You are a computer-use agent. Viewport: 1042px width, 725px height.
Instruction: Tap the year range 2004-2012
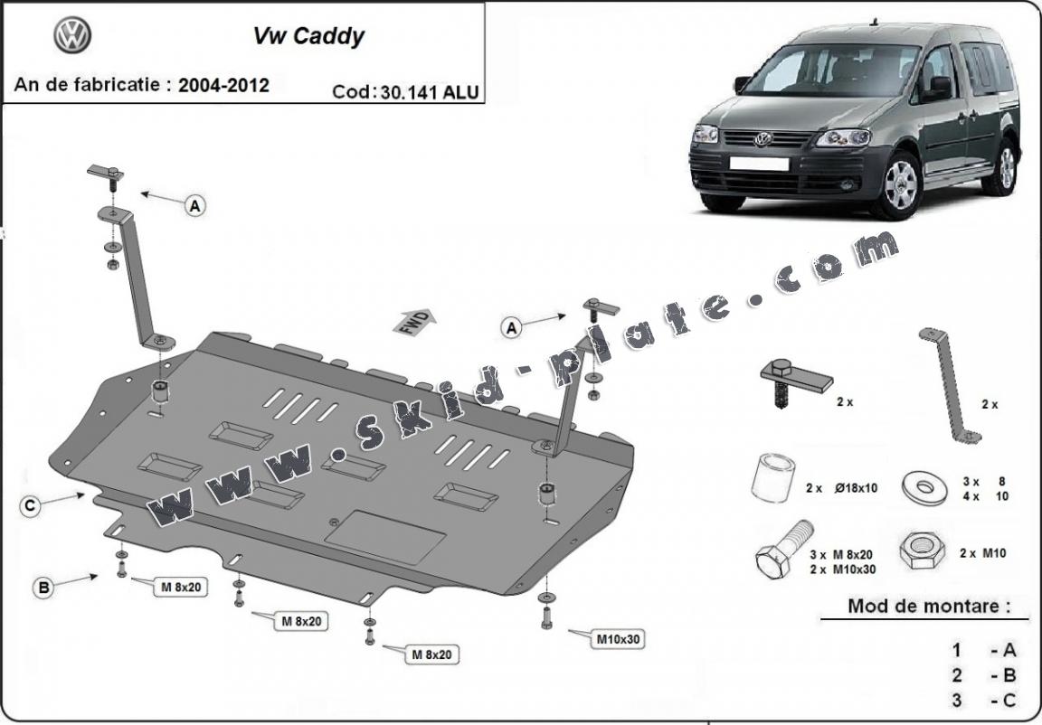click(x=223, y=86)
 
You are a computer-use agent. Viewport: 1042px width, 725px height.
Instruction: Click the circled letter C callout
click(x=31, y=507)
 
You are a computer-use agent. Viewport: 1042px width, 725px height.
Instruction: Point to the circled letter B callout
click(x=43, y=588)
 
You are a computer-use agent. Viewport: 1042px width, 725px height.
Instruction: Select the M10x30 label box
click(x=618, y=640)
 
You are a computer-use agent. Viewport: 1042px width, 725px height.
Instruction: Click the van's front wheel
click(x=901, y=186)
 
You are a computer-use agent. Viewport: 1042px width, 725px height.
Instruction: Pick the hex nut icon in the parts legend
click(x=920, y=551)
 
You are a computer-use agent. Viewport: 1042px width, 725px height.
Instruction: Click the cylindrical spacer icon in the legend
click(x=772, y=478)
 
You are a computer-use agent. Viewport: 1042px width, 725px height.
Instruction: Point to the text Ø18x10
click(x=856, y=488)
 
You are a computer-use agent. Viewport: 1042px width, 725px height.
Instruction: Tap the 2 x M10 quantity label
click(x=981, y=552)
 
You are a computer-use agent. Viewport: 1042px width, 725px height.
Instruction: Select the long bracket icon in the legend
click(x=951, y=383)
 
